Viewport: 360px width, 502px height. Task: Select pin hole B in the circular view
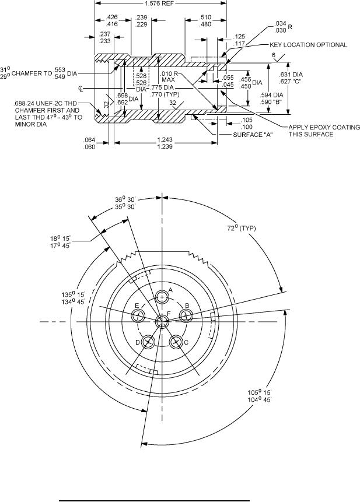[x=186, y=315]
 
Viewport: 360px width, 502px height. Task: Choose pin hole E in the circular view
[x=138, y=316]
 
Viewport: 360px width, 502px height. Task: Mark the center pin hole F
[x=162, y=321]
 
